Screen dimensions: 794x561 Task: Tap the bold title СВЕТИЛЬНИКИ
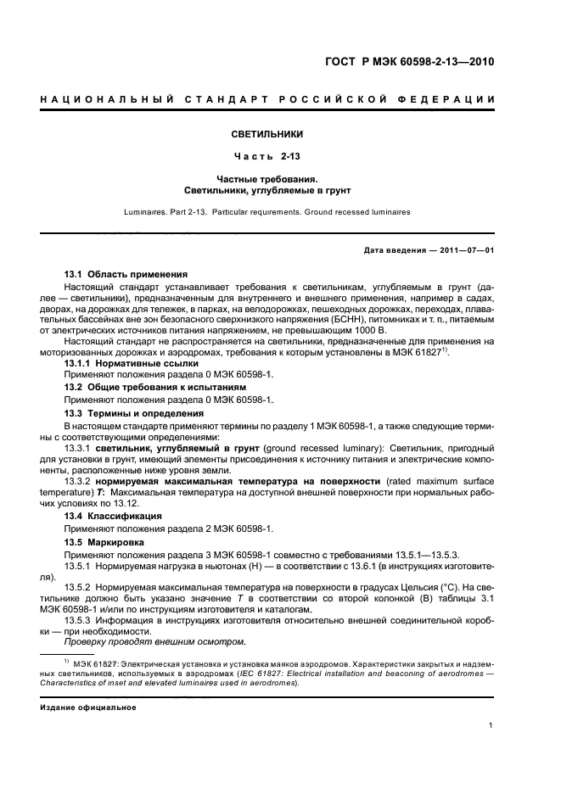point(267,134)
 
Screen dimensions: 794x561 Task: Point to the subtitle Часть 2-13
point(267,157)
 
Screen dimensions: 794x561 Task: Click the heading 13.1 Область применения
point(126,275)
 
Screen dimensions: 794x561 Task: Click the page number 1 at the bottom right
point(491,725)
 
